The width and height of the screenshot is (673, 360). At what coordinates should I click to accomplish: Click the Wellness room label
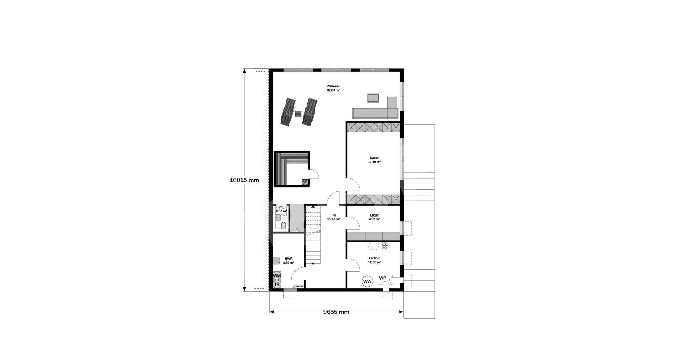coord(333,88)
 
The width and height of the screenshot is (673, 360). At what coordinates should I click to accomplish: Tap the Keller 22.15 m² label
coord(374,160)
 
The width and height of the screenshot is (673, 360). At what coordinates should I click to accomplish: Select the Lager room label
coord(374,217)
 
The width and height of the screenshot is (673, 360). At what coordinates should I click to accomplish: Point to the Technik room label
coord(374,260)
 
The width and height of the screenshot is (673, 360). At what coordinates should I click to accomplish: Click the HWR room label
coord(289,260)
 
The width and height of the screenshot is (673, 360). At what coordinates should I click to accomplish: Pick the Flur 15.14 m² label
coord(333,217)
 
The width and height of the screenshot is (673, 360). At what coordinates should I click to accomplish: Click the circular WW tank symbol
coord(368,282)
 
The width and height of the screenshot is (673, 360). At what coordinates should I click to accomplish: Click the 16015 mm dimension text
coord(244,180)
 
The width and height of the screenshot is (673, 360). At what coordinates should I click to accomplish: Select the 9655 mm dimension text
coord(336,312)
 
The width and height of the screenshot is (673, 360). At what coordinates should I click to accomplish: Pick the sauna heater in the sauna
coord(305,182)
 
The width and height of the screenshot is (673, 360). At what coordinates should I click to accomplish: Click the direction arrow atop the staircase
coord(313,207)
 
